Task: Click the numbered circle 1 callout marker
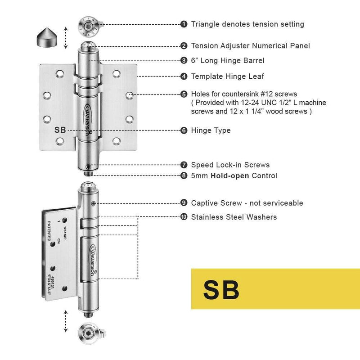(x=184, y=24)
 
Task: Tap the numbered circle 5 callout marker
(x=184, y=94)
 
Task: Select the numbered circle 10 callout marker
(x=184, y=217)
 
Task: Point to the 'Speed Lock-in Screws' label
(x=230, y=165)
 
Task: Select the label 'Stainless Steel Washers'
(x=234, y=217)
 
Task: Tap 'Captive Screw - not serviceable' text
(x=247, y=203)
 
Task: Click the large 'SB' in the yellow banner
(x=221, y=289)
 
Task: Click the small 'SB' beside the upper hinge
(x=60, y=130)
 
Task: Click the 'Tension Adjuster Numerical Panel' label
(x=250, y=45)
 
